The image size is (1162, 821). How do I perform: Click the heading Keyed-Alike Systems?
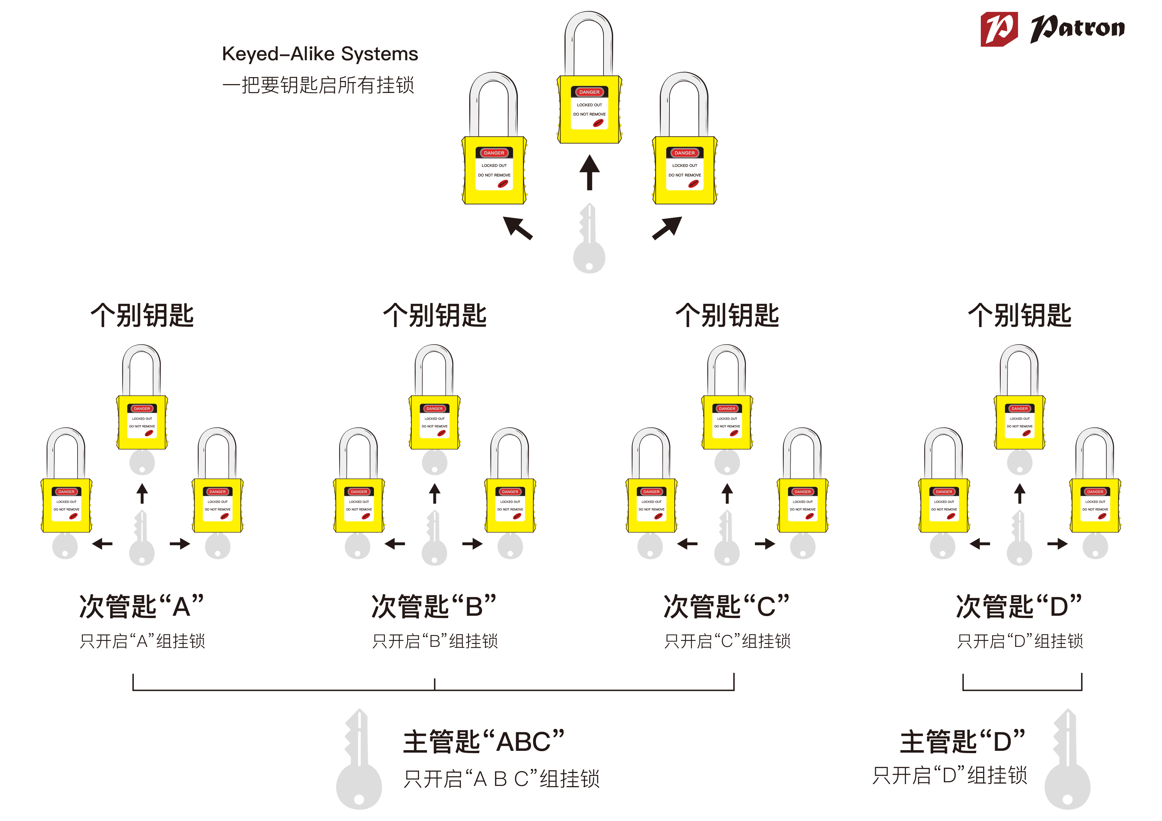pyautogui.click(x=320, y=54)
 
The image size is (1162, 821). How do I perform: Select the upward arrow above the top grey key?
pyautogui.click(x=589, y=172)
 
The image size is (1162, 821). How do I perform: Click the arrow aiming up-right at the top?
pyautogui.click(x=667, y=228)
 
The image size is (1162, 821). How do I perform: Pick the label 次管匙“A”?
pyautogui.click(x=142, y=606)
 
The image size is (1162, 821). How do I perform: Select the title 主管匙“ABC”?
pyautogui.click(x=483, y=742)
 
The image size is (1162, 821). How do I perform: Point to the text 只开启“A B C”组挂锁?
pyautogui.click(x=501, y=779)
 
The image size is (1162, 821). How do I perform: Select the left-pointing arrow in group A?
pyautogui.click(x=102, y=544)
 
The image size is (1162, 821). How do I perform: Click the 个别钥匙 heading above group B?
pyautogui.click(x=434, y=315)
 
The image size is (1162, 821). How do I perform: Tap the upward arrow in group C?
pyautogui.click(x=727, y=494)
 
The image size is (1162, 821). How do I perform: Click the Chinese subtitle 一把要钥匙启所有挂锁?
pyautogui.click(x=318, y=85)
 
